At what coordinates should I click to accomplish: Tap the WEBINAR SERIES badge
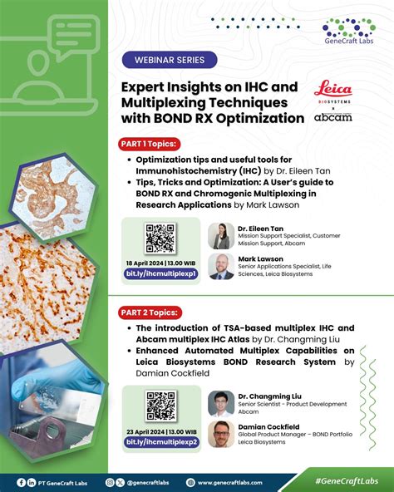pyautogui.click(x=170, y=60)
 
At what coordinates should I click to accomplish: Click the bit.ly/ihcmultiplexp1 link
pyautogui.click(x=160, y=273)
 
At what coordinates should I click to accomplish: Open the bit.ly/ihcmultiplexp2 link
pyautogui.click(x=160, y=442)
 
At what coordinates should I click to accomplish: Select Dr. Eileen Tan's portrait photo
pyautogui.click(x=220, y=234)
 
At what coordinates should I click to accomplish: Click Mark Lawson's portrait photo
pyautogui.click(x=220, y=266)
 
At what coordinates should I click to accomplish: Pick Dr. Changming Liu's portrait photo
pyautogui.click(x=221, y=403)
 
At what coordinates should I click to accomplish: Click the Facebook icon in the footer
pyautogui.click(x=19, y=482)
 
